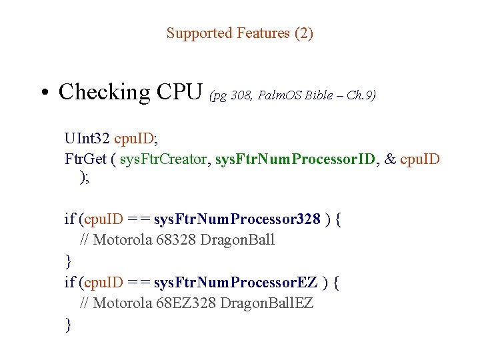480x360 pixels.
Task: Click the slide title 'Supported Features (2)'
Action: tap(239, 33)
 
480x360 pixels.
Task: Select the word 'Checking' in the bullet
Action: tap(105, 92)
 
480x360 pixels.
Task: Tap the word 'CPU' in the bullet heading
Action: tap(180, 91)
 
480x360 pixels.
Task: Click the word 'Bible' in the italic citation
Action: tap(318, 95)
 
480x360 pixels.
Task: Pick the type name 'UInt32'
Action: tap(87, 139)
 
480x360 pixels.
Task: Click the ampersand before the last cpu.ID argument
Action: tap(391, 159)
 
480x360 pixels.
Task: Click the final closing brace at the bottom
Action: tap(68, 325)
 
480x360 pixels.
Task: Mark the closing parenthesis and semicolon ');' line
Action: tap(84, 177)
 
